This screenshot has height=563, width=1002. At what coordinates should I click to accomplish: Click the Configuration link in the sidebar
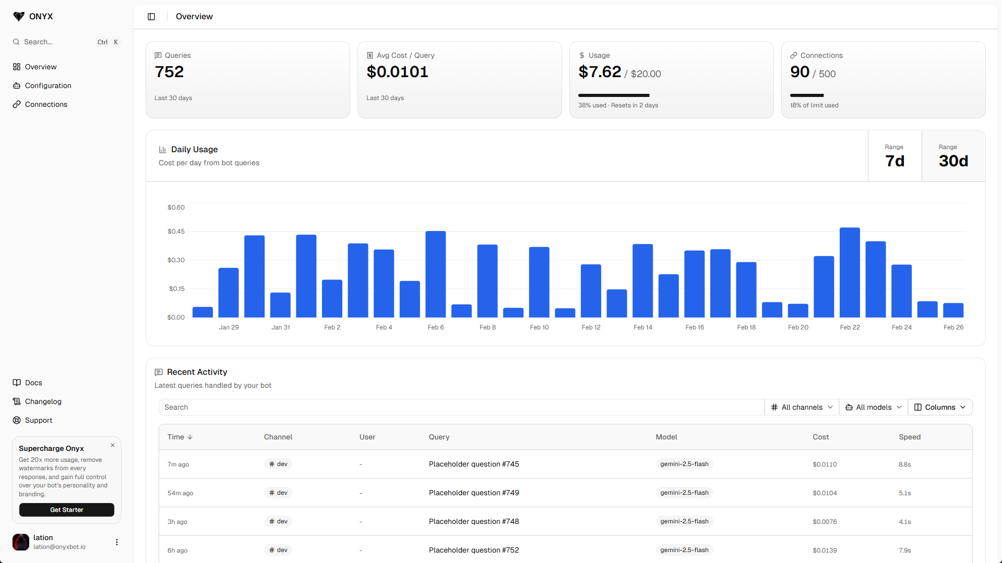click(48, 85)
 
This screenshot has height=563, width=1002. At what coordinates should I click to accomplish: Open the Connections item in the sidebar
click(46, 104)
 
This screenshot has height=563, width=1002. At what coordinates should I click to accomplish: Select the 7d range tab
click(894, 156)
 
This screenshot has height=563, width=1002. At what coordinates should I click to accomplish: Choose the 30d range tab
click(953, 156)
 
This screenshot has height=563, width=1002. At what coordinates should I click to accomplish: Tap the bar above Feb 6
click(435, 274)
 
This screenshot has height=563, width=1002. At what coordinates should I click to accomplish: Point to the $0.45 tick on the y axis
click(176, 231)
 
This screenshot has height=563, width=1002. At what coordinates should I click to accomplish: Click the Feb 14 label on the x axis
click(642, 327)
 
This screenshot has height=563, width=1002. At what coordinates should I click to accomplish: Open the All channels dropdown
click(802, 407)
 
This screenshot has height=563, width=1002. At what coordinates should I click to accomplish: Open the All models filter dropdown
click(874, 407)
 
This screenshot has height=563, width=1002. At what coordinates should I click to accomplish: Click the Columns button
click(940, 407)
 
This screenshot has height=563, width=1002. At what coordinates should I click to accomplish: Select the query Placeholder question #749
click(474, 493)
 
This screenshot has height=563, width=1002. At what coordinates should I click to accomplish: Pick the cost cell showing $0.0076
click(825, 522)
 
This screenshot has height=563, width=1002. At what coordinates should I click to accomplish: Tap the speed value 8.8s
click(904, 464)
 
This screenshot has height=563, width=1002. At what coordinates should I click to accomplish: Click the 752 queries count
click(169, 72)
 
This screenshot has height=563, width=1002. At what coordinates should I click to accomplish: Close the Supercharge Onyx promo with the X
click(113, 445)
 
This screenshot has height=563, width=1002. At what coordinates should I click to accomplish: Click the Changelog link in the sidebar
click(43, 401)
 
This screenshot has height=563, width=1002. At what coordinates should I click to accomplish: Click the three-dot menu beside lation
click(117, 542)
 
